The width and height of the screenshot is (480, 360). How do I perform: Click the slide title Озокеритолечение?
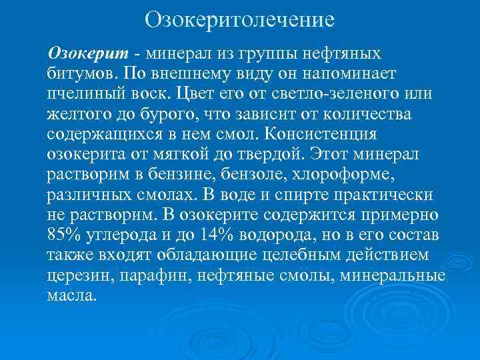click(x=239, y=19)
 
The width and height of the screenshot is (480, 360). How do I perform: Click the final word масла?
click(x=71, y=295)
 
